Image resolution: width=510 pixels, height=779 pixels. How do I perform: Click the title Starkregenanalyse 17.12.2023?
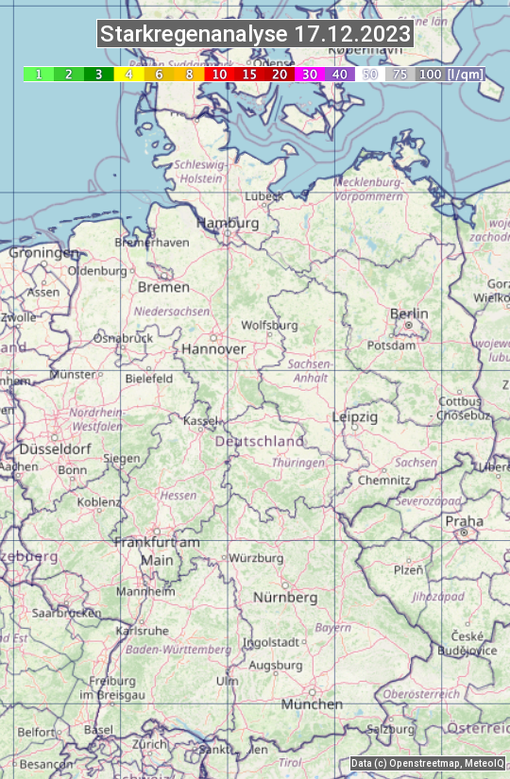[x=255, y=35]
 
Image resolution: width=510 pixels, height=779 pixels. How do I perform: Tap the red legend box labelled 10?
[x=219, y=74]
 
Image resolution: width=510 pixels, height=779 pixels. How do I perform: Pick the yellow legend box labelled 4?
[x=128, y=74]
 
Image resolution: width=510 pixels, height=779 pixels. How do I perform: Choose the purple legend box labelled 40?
[x=340, y=74]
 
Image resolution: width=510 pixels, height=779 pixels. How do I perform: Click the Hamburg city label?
[x=227, y=223]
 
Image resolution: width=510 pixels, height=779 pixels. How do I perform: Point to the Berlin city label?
[x=409, y=313]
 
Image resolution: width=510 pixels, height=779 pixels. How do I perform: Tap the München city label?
[x=312, y=704]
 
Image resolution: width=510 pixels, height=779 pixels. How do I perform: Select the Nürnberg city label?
[x=285, y=598]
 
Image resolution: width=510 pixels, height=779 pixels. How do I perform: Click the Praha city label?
[x=464, y=521]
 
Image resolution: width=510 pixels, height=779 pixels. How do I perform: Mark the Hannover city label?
[x=213, y=348]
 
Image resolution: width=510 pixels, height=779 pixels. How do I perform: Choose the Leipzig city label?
[x=355, y=416]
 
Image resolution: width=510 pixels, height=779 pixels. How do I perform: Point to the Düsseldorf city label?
[x=55, y=449]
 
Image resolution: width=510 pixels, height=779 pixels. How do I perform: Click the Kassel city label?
[x=201, y=420]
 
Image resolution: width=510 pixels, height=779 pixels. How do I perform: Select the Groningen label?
[x=44, y=253]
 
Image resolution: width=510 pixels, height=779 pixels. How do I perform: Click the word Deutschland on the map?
[x=260, y=441]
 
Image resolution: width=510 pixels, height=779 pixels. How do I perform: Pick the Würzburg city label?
[x=256, y=558]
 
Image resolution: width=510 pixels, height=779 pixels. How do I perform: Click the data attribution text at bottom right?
[x=427, y=763]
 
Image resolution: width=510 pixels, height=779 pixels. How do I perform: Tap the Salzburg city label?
[x=391, y=729]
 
